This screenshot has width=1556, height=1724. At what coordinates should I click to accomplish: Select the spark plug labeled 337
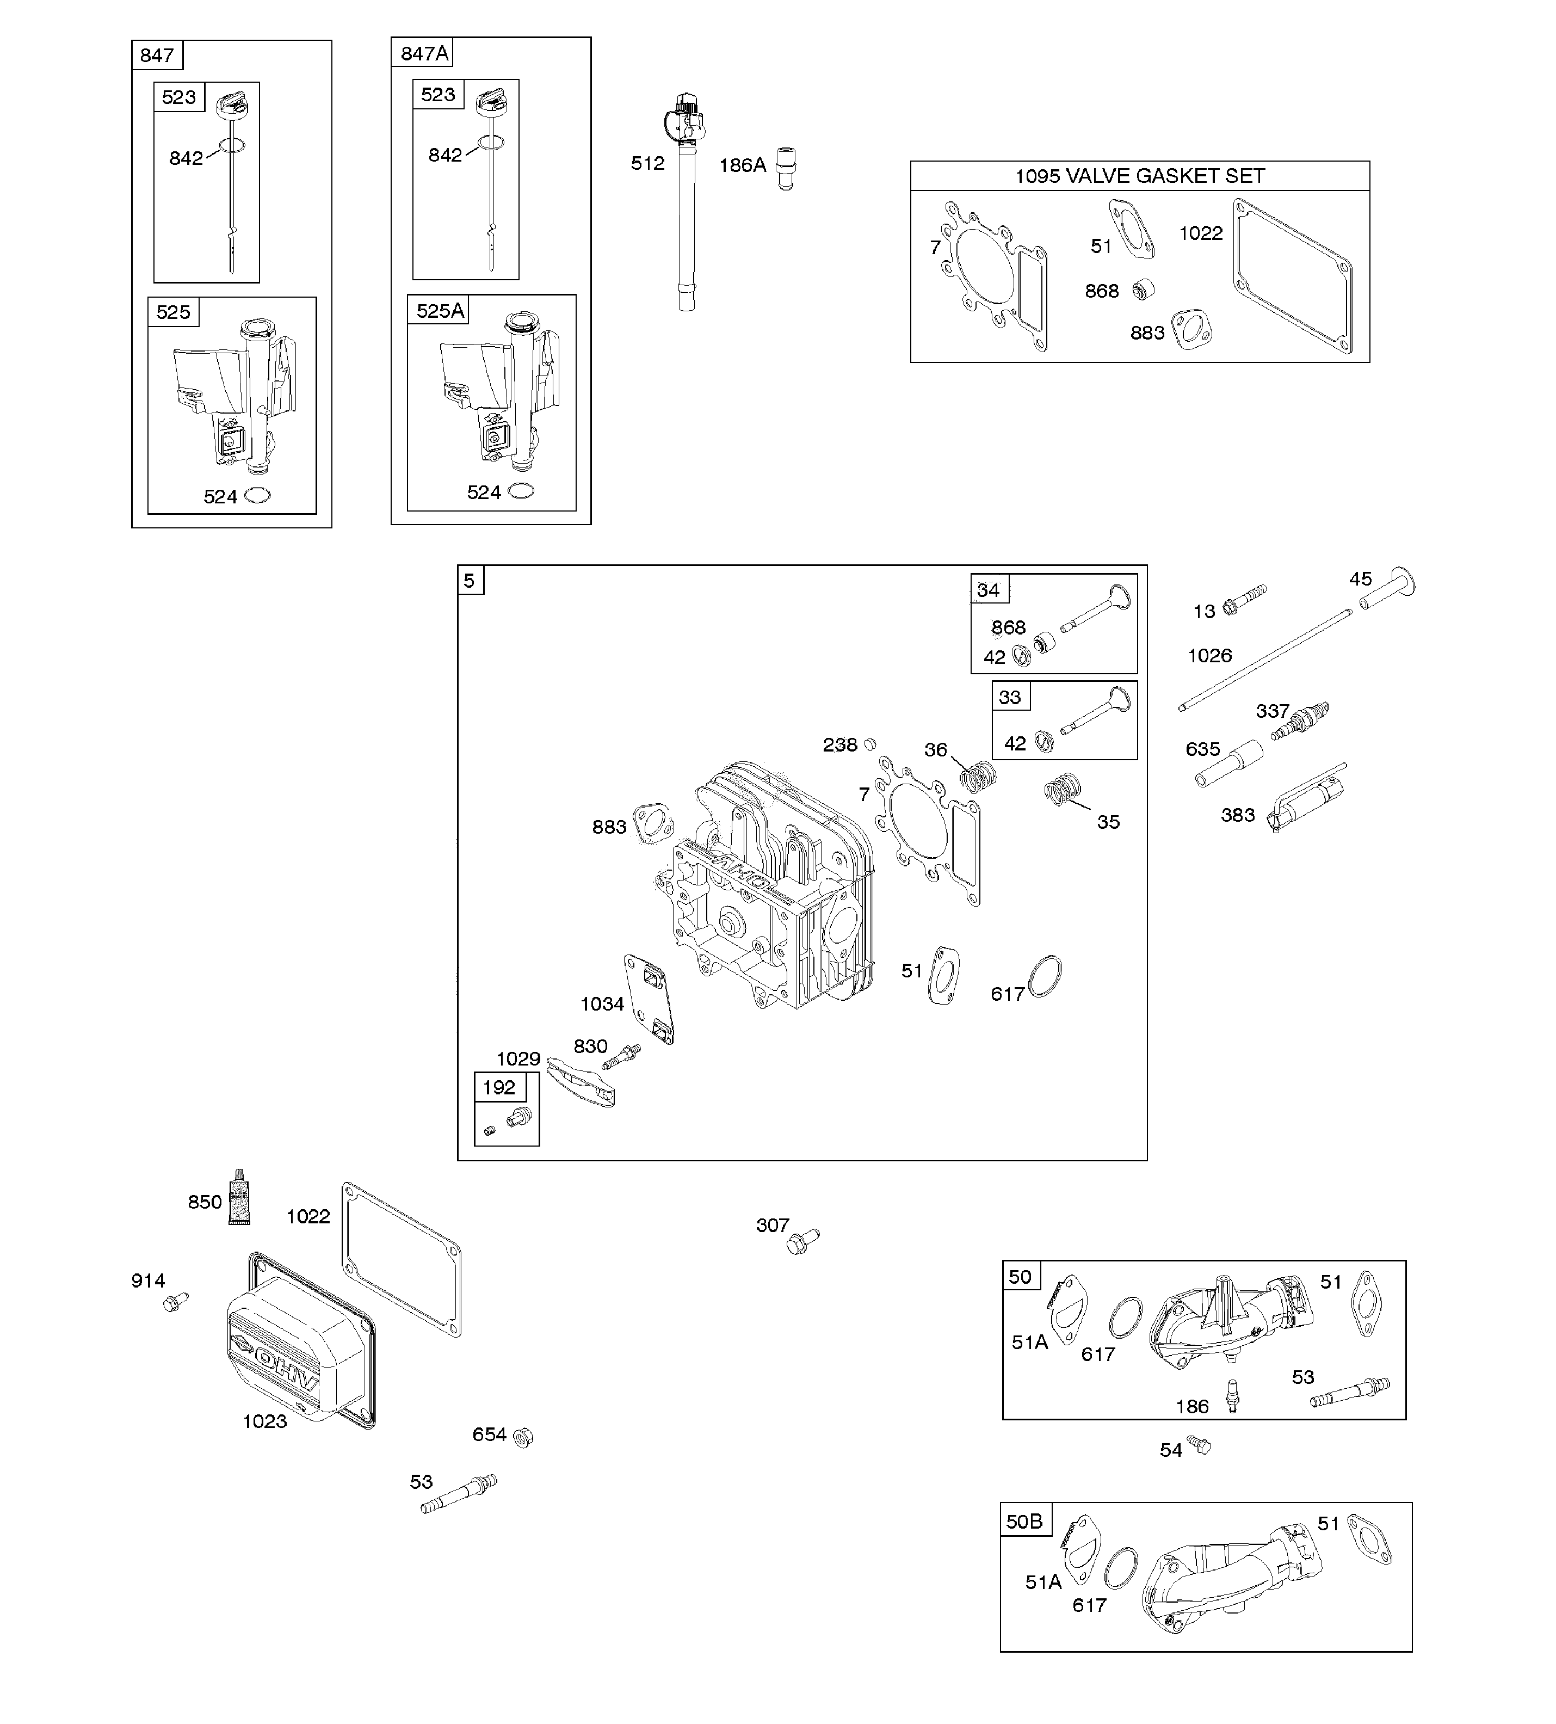(1300, 720)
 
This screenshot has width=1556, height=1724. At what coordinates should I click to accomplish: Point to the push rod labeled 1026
(1265, 658)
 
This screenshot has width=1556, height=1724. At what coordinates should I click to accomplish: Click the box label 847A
(424, 53)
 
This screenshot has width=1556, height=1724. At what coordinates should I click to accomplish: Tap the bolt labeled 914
(175, 1302)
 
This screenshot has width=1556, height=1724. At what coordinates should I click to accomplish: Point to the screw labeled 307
(802, 1242)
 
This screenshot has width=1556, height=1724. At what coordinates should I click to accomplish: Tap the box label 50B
(1023, 1522)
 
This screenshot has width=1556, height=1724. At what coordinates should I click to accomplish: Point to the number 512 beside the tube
(647, 163)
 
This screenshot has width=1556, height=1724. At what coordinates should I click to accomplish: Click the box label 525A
(440, 310)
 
